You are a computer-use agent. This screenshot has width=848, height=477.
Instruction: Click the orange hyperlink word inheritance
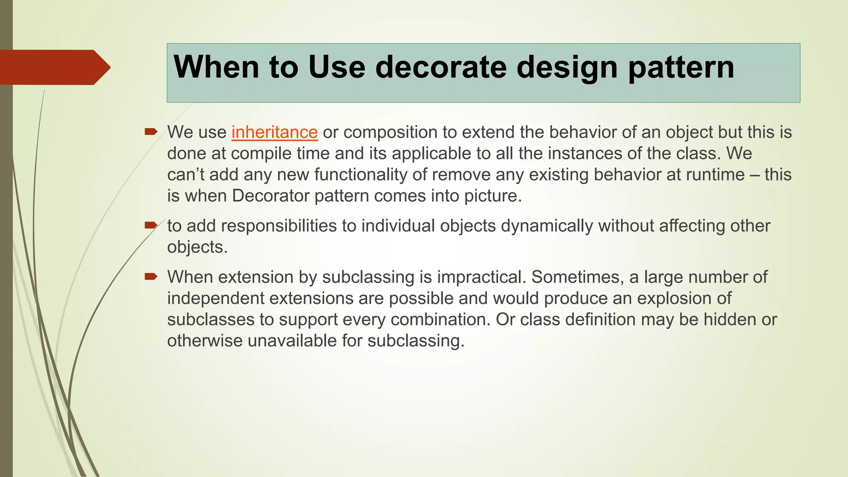click(275, 132)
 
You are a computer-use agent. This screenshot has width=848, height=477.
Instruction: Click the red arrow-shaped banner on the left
click(54, 67)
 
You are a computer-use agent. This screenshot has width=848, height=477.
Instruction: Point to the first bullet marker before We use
click(151, 132)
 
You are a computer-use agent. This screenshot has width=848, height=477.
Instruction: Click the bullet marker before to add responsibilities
click(151, 225)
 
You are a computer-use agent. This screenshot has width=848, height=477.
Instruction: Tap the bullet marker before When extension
click(151, 276)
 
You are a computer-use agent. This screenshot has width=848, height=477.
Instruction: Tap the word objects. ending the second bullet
click(197, 247)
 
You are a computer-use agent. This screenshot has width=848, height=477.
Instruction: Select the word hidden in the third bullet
click(728, 320)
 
